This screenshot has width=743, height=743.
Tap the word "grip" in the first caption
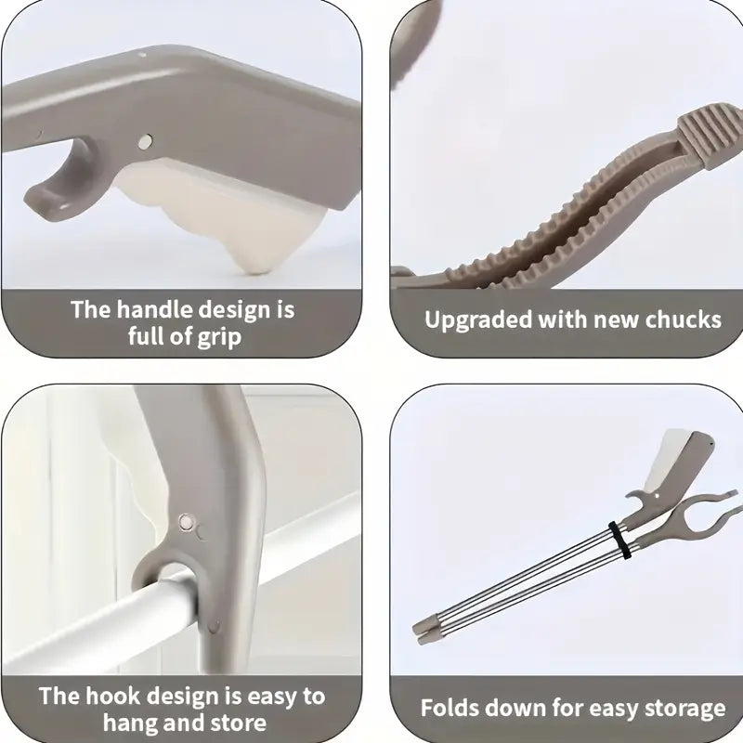[219, 338]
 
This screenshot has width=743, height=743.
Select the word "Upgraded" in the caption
[478, 320]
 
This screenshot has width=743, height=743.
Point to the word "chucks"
[684, 319]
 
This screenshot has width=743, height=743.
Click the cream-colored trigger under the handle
[228, 214]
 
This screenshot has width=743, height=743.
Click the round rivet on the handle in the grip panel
[145, 141]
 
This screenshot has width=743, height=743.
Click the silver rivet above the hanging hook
[185, 522]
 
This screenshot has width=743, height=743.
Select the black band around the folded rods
[619, 541]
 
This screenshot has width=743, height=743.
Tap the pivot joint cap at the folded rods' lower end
[426, 631]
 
